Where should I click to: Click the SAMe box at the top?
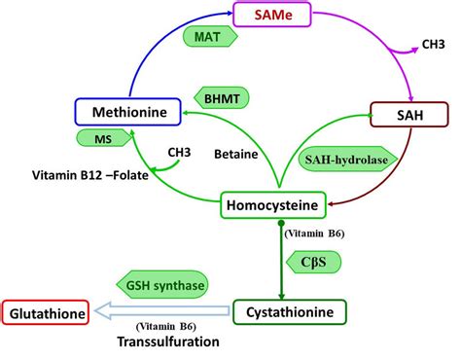275,17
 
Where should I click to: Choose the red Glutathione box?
46,312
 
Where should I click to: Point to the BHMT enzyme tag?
225,98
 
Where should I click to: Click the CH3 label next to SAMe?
435,44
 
